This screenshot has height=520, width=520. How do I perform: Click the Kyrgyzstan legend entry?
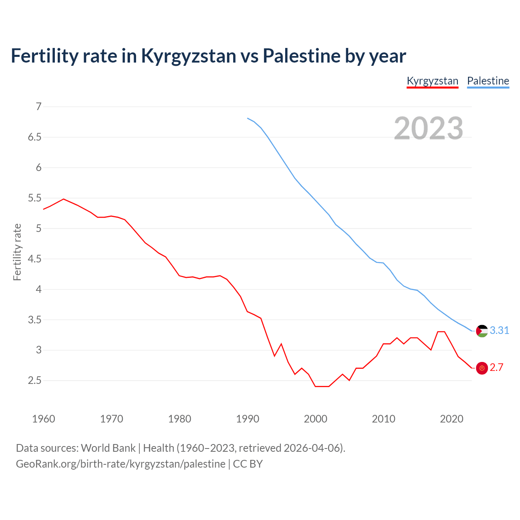pos(432,81)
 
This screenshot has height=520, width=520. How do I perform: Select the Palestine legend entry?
pos(488,81)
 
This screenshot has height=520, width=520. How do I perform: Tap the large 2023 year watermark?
pos(428,128)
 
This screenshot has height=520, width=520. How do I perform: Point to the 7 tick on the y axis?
pos(39,107)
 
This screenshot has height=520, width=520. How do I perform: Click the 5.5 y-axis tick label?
pos(35,198)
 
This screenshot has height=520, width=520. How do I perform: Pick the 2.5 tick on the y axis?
pos(35,381)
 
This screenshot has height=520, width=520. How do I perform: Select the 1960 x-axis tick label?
pos(43,419)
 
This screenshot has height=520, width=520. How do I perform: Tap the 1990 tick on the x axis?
pos(247,419)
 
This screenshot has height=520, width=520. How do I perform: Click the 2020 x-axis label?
pos(451,419)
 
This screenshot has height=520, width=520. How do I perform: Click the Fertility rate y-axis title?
pos(17,252)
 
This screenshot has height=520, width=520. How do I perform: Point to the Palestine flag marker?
pos(482,331)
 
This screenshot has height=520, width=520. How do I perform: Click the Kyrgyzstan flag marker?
pos(482,368)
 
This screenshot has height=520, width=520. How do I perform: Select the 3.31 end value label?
pos(499,331)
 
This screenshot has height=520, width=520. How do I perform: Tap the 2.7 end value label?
pos(496,368)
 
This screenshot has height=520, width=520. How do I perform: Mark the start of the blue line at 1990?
pos(247,118)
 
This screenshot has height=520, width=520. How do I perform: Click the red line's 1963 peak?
pos(63,199)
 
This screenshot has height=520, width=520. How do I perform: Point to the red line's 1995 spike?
pos(281,344)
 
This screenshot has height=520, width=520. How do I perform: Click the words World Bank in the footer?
pos(108,448)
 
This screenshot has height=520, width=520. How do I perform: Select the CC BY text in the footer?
pos(248,464)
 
